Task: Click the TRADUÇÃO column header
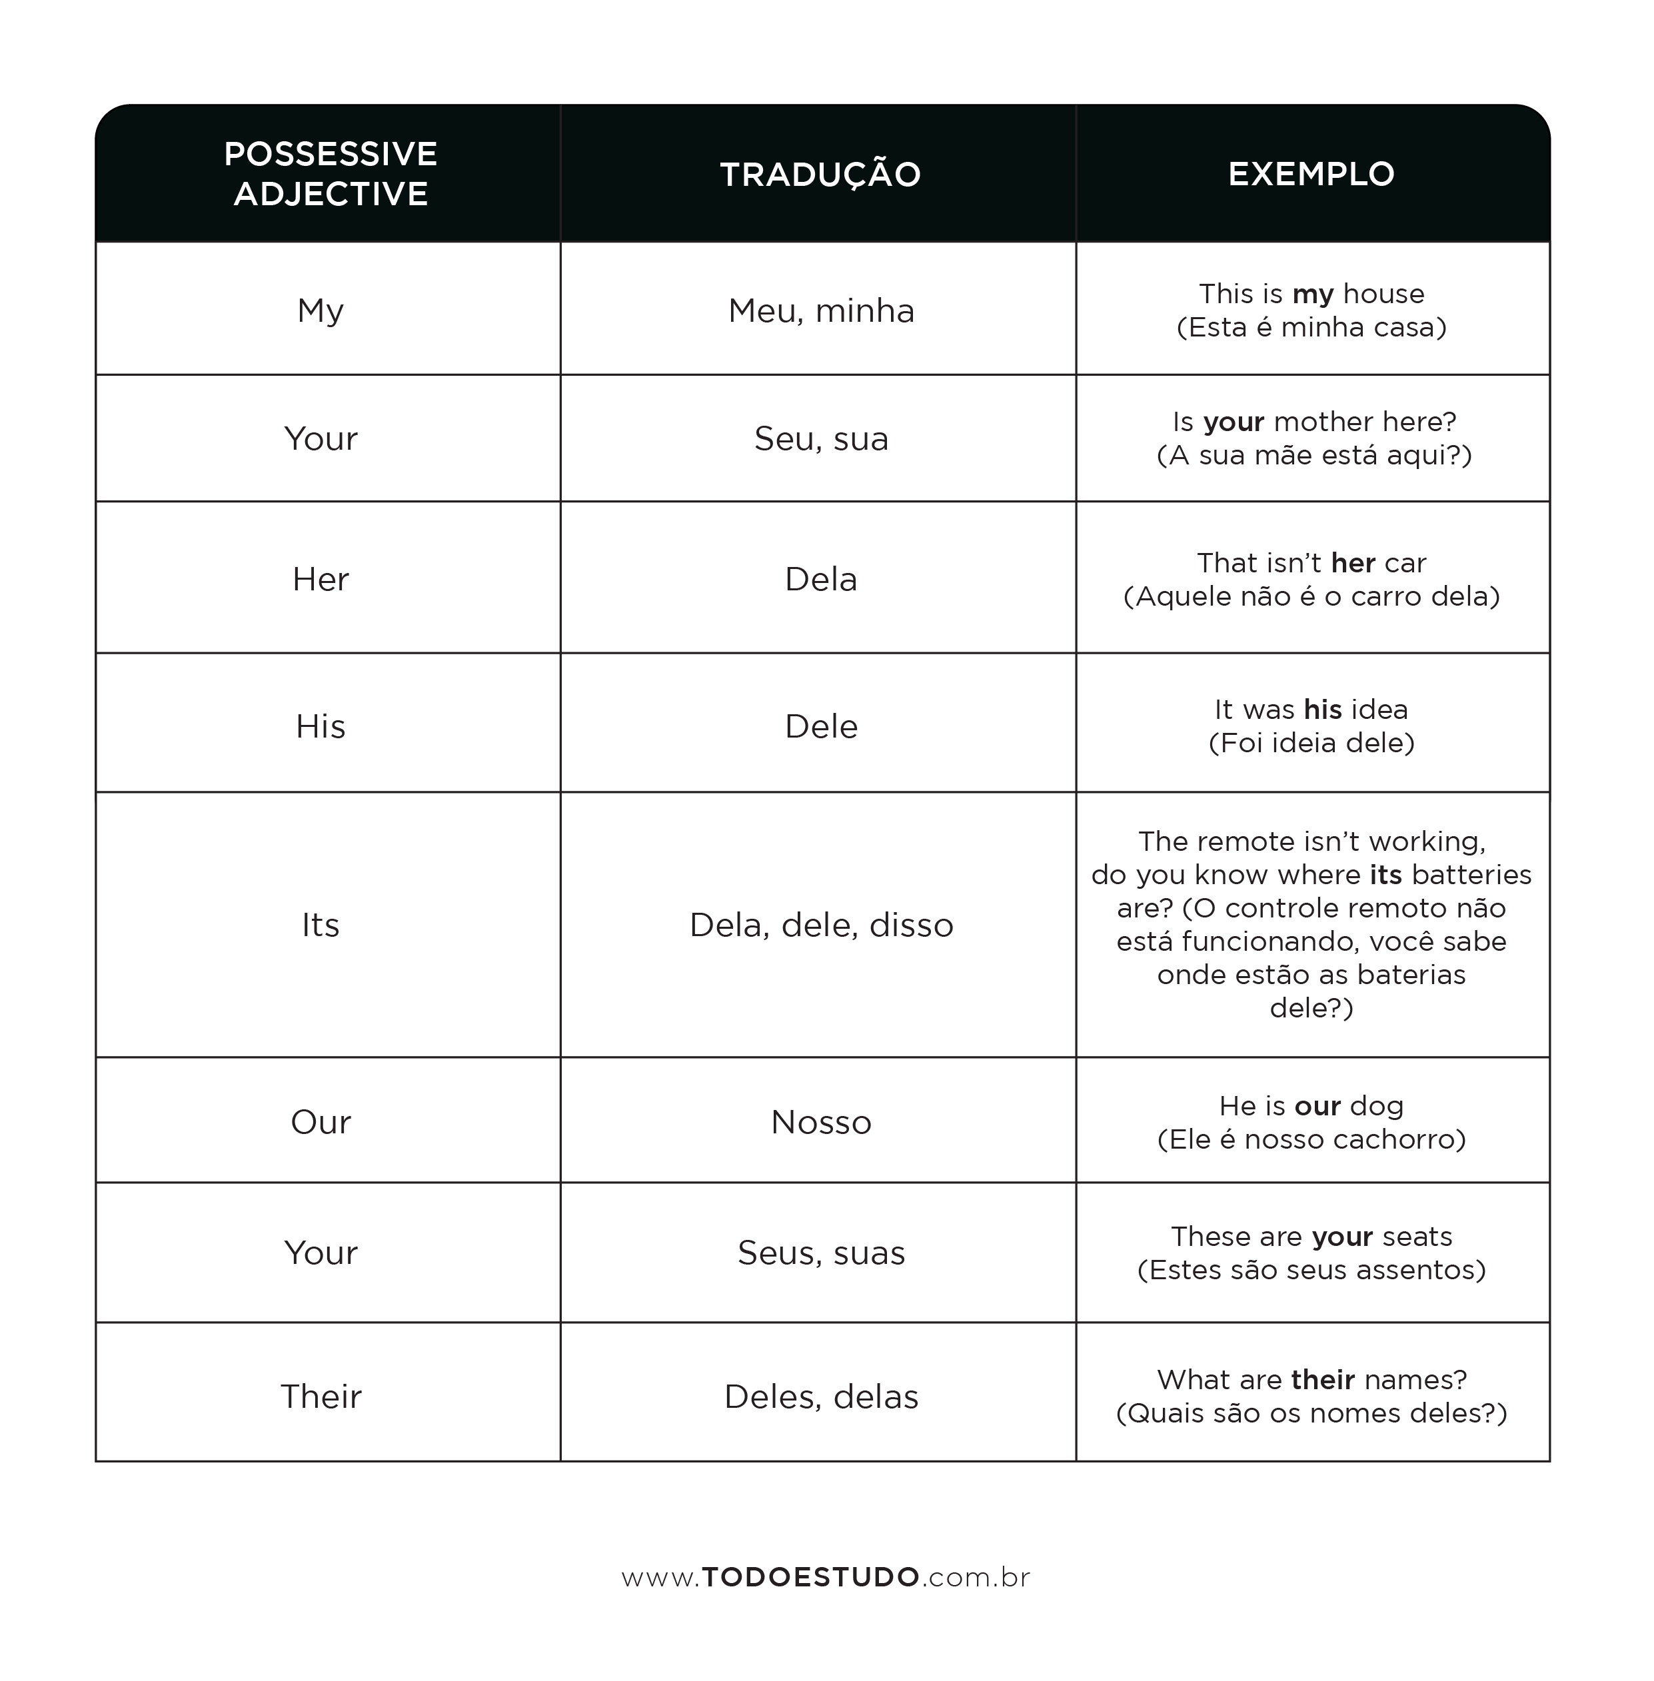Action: click(x=820, y=174)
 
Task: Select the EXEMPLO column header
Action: click(x=1311, y=174)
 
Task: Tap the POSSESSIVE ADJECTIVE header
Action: click(x=330, y=174)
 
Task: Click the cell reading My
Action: click(x=321, y=310)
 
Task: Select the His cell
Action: click(x=321, y=726)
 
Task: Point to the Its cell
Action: click(x=321, y=924)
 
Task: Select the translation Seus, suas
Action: click(x=821, y=1253)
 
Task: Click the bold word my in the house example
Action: click(x=1313, y=294)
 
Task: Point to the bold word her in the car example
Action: click(x=1353, y=563)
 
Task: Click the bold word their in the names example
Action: click(x=1322, y=1380)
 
